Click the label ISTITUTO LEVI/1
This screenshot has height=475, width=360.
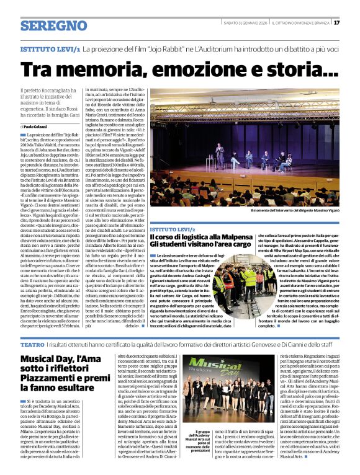click(x=50, y=48)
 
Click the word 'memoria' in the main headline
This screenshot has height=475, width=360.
click(x=91, y=70)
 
